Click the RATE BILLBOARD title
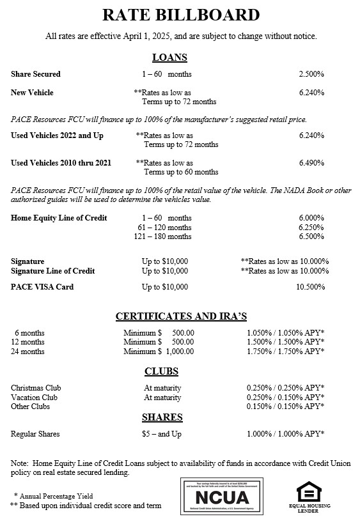(180, 15)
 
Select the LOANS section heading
(169, 58)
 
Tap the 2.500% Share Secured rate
(311, 75)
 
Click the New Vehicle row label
(32, 93)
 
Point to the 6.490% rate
(311, 163)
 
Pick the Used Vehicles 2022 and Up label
(57, 136)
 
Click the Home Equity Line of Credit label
(59, 218)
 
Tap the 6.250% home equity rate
(311, 228)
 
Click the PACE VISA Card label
(42, 287)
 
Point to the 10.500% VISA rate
(309, 287)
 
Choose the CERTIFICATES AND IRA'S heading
(180, 316)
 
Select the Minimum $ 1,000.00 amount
(159, 351)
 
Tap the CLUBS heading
(161, 371)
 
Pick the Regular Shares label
(35, 434)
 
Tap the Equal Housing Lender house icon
(309, 490)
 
